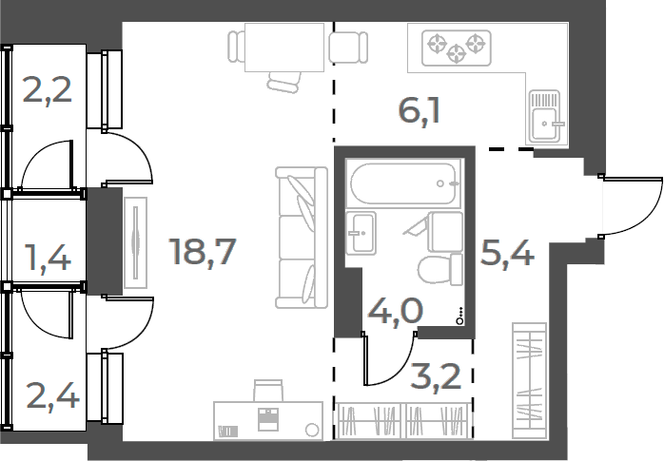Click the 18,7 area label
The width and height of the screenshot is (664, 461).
202,252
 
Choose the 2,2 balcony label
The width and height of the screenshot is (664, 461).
47,93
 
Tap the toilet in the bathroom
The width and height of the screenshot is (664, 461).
439,270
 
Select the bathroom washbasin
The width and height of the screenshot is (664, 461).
361,233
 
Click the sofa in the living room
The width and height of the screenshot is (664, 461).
297,238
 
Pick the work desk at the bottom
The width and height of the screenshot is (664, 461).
267,419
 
